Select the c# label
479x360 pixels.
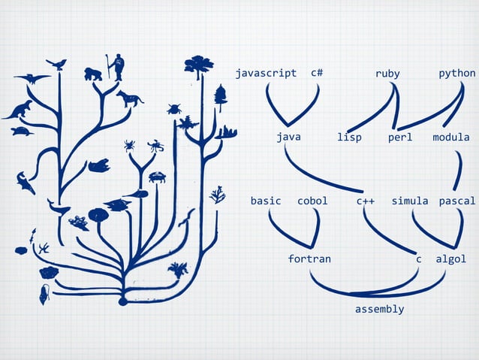pos(317,74)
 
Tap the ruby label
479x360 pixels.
pos(387,74)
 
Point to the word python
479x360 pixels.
pos(457,74)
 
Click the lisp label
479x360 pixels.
pos(349,138)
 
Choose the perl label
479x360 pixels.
pos(400,138)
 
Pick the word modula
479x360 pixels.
pos(450,138)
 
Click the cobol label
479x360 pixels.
pos(312,201)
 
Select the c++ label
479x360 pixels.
pos(366,201)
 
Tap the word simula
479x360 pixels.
pos(410,201)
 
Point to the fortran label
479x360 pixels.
pos(309,259)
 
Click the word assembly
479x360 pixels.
pos(379,309)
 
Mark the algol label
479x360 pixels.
pos(451,259)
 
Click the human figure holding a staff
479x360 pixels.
pos(117,66)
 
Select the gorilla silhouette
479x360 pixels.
pos(93,74)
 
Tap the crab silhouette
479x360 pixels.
pos(157,177)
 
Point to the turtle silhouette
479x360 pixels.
pos(22,132)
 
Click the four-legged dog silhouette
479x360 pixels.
pos(129,98)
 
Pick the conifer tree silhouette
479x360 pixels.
pos(221,95)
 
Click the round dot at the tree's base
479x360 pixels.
pos(123,301)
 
